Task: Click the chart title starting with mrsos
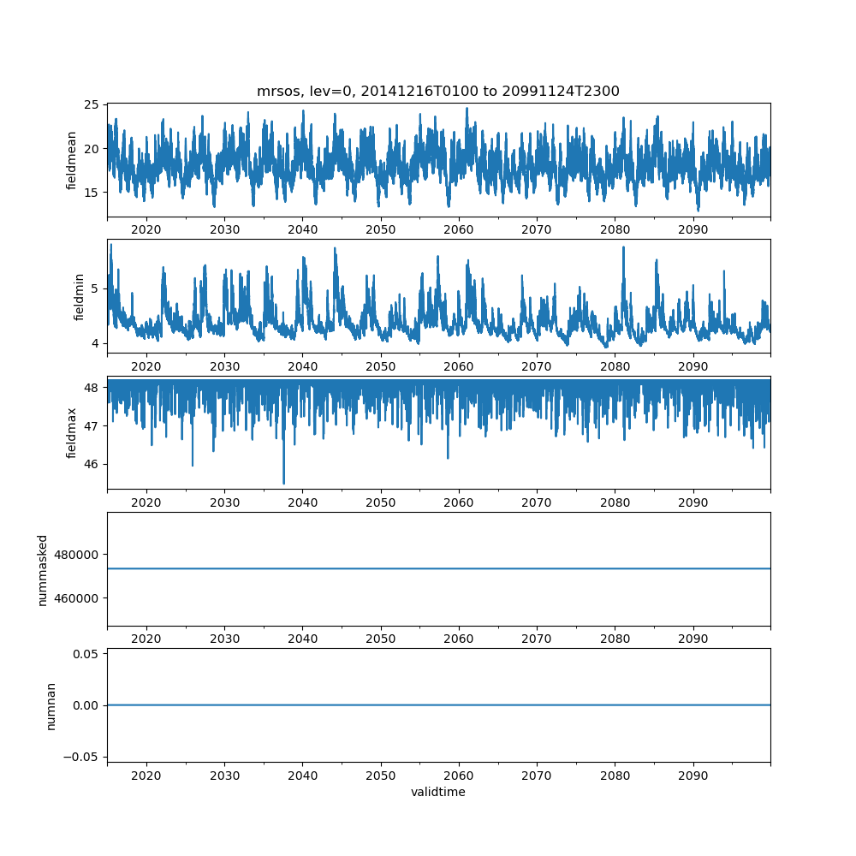pos(437,91)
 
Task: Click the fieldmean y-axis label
pos(72,160)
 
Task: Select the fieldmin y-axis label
pos(79,296)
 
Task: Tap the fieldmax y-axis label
pos(72,432)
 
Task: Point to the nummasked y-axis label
pos(42,569)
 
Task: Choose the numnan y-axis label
pos(51,705)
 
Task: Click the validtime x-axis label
pos(437,792)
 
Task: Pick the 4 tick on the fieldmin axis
pos(96,343)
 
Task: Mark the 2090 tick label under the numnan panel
pos(693,775)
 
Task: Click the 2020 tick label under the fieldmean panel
pos(146,230)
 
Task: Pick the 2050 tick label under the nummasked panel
pos(381,639)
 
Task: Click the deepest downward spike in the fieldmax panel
pos(284,483)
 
